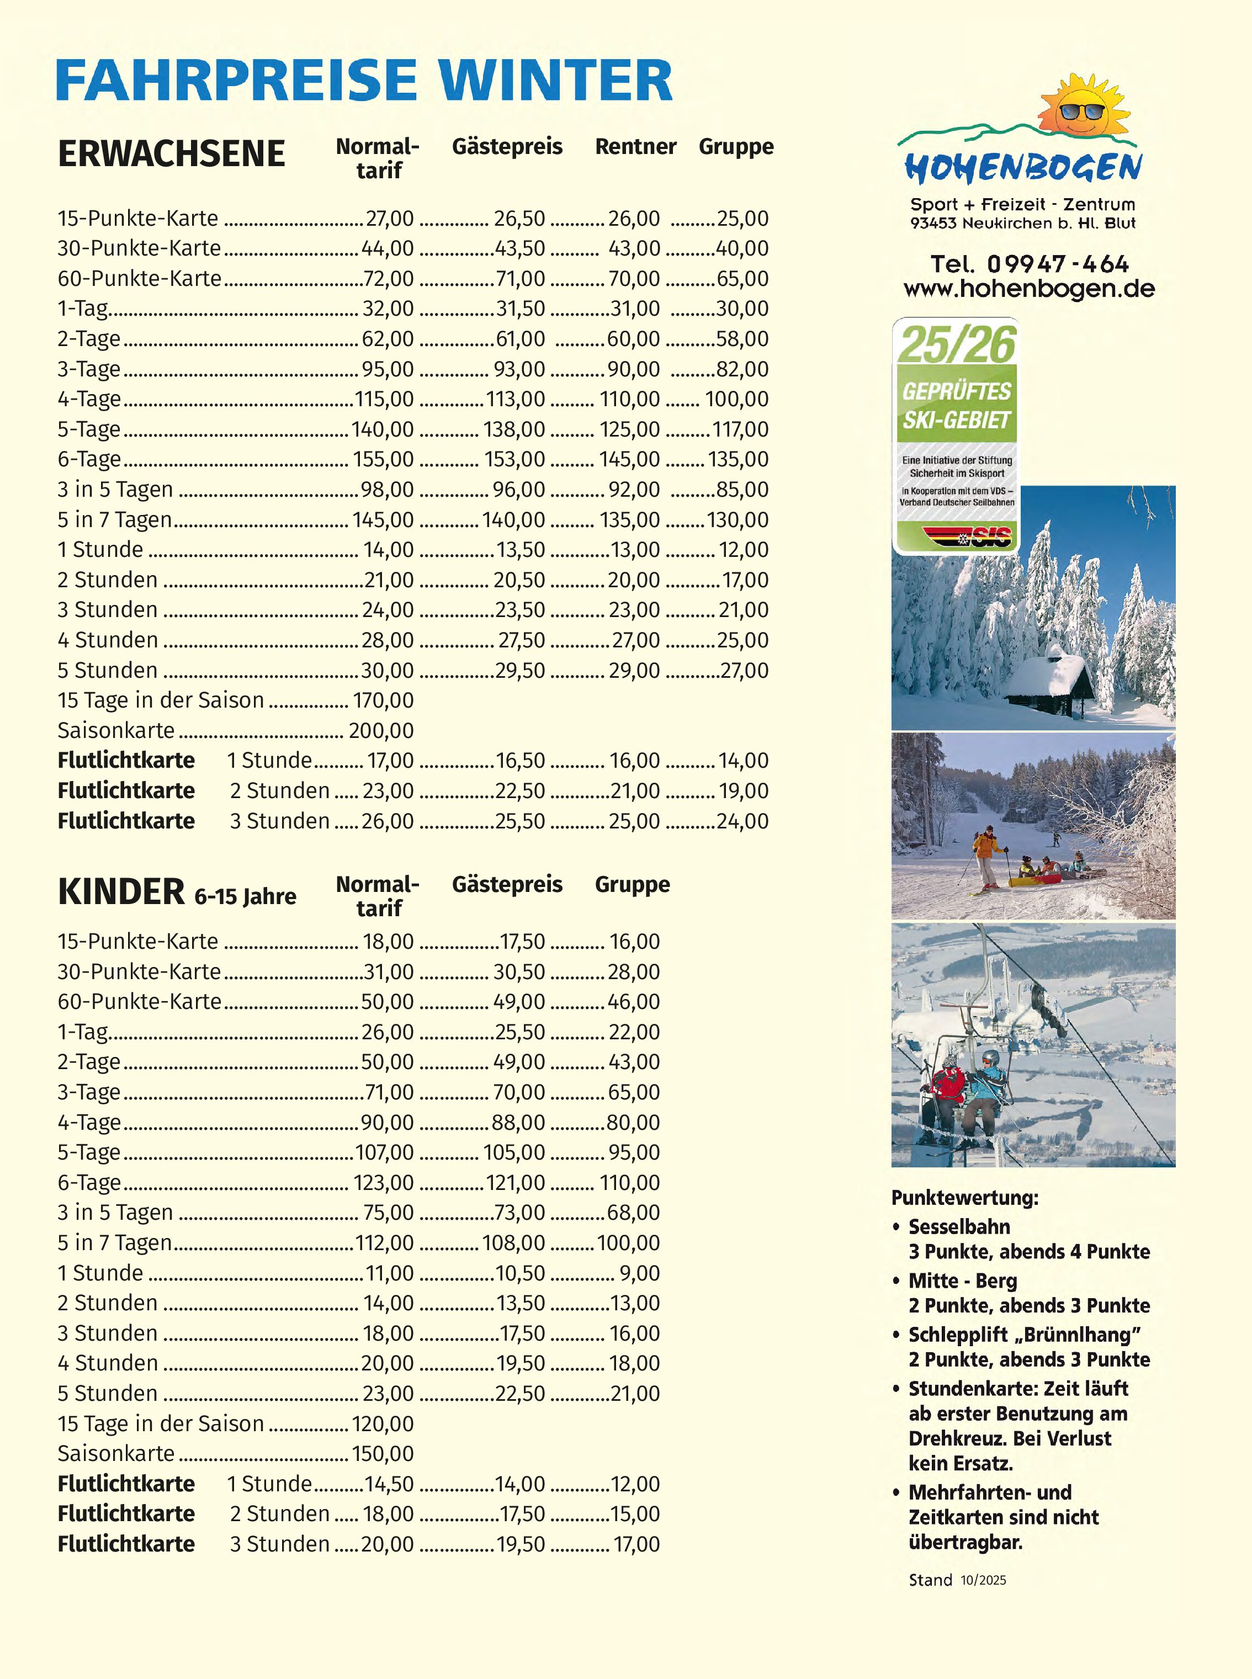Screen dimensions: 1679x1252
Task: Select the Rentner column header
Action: [x=635, y=146]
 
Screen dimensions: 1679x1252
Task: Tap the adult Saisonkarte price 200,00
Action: [x=381, y=730]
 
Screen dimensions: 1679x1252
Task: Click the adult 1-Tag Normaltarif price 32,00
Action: [x=388, y=309]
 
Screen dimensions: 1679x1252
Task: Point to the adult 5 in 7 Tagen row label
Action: [x=114, y=520]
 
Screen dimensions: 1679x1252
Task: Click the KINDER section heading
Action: [x=121, y=892]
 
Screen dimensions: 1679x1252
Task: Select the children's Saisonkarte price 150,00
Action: [x=383, y=1453]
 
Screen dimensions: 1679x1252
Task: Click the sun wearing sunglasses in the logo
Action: [x=1082, y=108]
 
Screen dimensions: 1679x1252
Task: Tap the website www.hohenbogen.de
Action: [x=1028, y=289]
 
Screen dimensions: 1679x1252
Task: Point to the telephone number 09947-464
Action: [x=1057, y=264]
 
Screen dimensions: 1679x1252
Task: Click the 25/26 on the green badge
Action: [x=957, y=345]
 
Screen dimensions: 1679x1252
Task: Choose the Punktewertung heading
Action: [x=964, y=1198]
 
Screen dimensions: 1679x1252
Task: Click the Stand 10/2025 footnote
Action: [x=957, y=1580]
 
